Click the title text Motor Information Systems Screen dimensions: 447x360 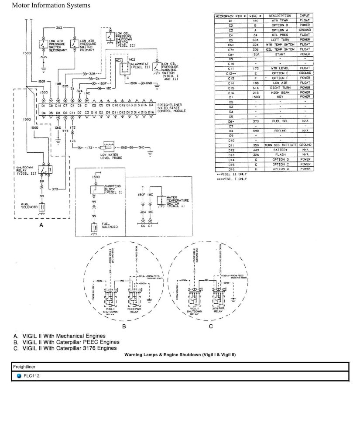click(x=51, y=6)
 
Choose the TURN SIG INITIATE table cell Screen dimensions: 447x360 click(x=280, y=144)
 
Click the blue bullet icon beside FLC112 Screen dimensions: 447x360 click(x=19, y=375)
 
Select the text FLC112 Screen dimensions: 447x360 click(x=32, y=375)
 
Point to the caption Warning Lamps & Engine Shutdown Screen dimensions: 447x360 click(x=180, y=355)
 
